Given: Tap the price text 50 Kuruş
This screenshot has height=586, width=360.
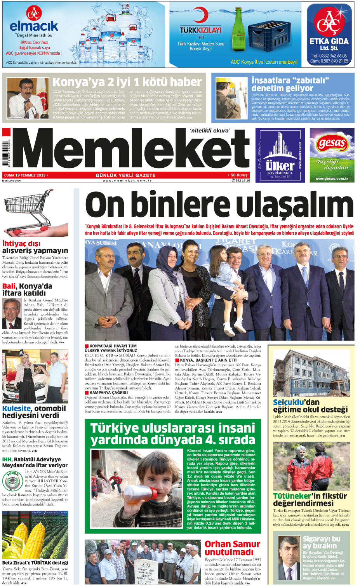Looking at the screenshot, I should click(239, 175).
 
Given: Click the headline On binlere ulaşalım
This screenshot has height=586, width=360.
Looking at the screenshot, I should click(219, 205).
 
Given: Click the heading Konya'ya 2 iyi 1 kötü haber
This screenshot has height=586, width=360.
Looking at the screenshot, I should click(127, 82).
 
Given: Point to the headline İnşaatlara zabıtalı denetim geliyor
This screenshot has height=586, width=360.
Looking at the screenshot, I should click(290, 84).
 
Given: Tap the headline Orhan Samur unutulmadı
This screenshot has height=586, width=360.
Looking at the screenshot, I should click(232, 548).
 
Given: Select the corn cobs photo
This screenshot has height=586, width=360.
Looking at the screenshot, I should click(35, 535).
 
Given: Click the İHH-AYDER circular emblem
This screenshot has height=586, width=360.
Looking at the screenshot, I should click(13, 481).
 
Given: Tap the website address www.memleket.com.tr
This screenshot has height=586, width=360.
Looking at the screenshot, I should click(127, 181).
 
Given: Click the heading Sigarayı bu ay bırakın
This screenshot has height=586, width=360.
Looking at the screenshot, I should click(321, 542).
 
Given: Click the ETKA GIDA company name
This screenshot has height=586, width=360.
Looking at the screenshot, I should click(329, 41).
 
